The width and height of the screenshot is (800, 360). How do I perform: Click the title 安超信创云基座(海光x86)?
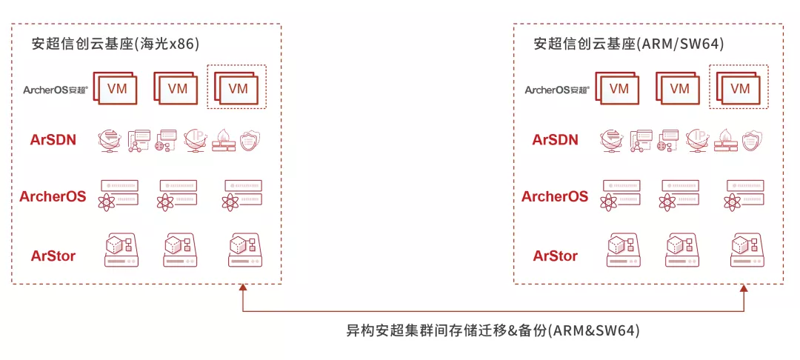[x=116, y=44]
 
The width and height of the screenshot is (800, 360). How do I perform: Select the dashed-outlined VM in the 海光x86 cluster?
[x=236, y=87]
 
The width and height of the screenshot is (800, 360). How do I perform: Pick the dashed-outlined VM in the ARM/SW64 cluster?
[x=739, y=87]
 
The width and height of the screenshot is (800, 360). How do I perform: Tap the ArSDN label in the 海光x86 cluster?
[x=53, y=139]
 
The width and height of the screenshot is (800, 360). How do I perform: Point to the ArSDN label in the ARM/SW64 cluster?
[x=556, y=139]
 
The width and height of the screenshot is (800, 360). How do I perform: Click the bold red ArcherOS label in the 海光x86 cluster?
[x=53, y=197]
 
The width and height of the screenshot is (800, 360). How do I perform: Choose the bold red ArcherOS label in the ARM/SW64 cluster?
[x=555, y=197]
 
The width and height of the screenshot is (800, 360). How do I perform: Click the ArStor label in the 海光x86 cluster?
[x=53, y=256]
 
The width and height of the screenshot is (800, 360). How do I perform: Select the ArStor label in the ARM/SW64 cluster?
[x=556, y=256]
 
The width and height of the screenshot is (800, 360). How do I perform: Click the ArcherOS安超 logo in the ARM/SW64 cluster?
[x=556, y=90]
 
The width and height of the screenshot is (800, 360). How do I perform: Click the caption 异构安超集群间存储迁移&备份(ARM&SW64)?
[x=493, y=330]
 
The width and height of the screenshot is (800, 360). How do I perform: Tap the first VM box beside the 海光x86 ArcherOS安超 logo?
[x=116, y=87]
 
